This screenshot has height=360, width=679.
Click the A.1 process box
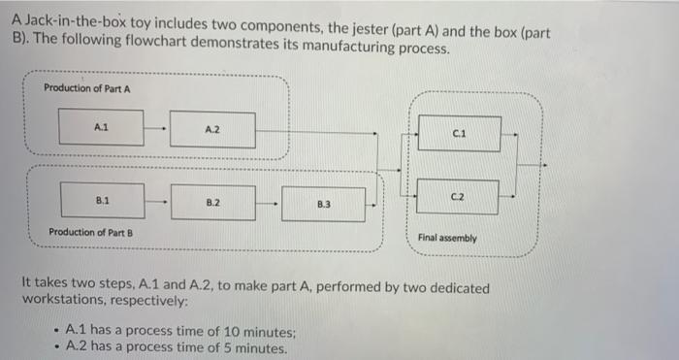coord(100,126)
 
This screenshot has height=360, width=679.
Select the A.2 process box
coord(212,129)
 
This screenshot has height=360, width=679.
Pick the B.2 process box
coord(213,202)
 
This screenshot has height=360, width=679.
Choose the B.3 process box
coord(323,205)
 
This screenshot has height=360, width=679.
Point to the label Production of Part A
coord(87,88)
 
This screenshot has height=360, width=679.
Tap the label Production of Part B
coord(90,232)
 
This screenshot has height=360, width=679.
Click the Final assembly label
coord(447,238)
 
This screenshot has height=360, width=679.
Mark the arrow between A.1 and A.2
coord(157,127)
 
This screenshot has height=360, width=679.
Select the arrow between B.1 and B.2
coord(157,202)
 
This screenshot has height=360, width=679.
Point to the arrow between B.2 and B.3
coord(269,204)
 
